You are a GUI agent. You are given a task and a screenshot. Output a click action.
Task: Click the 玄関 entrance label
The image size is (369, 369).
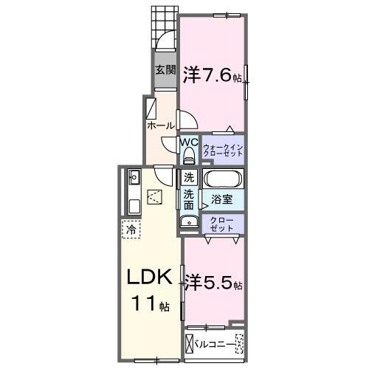click(165, 71)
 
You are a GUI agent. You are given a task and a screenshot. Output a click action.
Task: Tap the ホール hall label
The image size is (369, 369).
click(161, 125)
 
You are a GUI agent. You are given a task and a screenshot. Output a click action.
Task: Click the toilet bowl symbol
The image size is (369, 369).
click(188, 156)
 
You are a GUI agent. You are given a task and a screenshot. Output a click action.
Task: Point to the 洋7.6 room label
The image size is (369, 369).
click(211, 75)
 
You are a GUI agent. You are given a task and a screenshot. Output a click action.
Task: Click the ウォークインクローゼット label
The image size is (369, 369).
click(223, 150)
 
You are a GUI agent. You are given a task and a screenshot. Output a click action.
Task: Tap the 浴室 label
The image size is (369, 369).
click(222, 199)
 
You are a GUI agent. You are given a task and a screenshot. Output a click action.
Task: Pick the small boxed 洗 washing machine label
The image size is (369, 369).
click(189, 178)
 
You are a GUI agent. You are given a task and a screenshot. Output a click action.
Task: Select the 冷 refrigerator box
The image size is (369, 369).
click(131, 230)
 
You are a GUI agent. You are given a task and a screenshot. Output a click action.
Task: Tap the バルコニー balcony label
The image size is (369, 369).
click(218, 343)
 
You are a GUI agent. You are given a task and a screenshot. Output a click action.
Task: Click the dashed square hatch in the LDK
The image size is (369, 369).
click(156, 197)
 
